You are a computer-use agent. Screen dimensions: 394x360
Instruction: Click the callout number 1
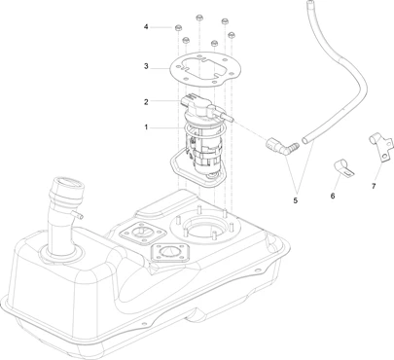pyautogui.click(x=146, y=127)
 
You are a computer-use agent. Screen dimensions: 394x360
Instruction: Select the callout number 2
pyautogui.click(x=146, y=102)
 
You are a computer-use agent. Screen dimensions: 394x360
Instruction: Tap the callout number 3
pyautogui.click(x=146, y=66)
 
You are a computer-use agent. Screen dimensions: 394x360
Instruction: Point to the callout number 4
pyautogui.click(x=146, y=27)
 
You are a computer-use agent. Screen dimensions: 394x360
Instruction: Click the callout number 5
pyautogui.click(x=295, y=200)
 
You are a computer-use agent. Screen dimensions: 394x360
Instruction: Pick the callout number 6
pyautogui.click(x=333, y=196)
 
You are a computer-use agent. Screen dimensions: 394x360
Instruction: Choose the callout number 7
pyautogui.click(x=374, y=186)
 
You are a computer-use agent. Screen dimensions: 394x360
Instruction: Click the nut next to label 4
pyautogui.click(x=178, y=28)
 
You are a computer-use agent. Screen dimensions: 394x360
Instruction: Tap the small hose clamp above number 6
pyautogui.click(x=343, y=168)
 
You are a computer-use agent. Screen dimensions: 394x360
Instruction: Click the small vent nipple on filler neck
pyautogui.click(x=78, y=214)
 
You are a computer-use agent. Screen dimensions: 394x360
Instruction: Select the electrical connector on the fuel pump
pyautogui.click(x=189, y=99)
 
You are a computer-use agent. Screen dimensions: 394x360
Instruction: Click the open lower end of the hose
pyautogui.click(x=305, y=140)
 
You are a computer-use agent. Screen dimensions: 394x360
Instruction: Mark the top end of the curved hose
pyautogui.click(x=310, y=2)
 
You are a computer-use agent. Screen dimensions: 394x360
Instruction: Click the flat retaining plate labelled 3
pyautogui.click(x=205, y=69)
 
